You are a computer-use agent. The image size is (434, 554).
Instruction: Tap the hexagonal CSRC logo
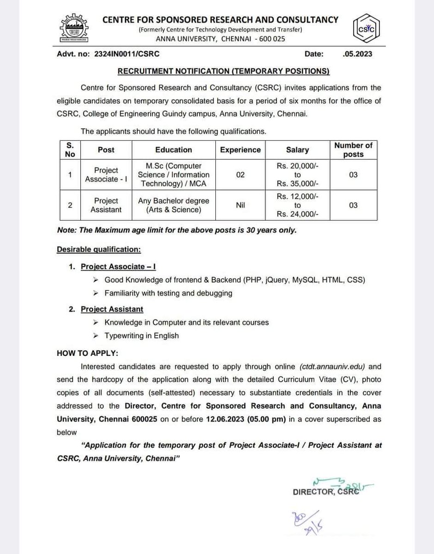(366, 29)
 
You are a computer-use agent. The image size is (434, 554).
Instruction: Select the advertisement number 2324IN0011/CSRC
(127, 54)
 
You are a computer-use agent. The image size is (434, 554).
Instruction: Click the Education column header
(174, 150)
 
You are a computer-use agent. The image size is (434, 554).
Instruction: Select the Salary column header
(298, 150)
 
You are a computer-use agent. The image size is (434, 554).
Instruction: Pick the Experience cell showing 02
(240, 175)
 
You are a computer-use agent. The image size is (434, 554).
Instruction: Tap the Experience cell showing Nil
(240, 205)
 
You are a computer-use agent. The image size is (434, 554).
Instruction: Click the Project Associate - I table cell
(106, 175)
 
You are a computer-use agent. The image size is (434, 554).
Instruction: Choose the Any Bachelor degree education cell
(174, 205)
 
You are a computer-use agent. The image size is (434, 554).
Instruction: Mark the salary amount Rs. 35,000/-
(298, 184)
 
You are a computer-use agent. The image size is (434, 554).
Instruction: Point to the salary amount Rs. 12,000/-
(298, 196)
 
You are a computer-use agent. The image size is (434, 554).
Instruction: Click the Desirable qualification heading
(98, 249)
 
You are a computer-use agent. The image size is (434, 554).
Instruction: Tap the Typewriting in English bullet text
(141, 336)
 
